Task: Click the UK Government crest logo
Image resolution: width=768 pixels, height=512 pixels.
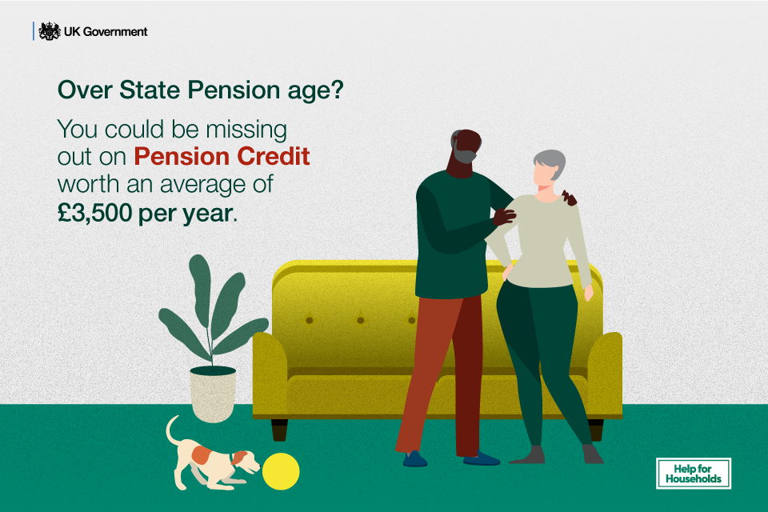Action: (50, 31)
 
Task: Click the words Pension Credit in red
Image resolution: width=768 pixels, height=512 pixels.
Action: (222, 155)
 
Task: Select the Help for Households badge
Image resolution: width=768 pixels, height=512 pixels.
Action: (693, 473)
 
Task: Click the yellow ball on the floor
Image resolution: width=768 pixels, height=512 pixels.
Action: (281, 470)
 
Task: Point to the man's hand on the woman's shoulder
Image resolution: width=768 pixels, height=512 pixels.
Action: (505, 214)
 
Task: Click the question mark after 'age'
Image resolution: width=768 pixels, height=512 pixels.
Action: (337, 90)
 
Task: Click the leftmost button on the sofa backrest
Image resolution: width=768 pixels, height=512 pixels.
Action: (309, 320)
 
